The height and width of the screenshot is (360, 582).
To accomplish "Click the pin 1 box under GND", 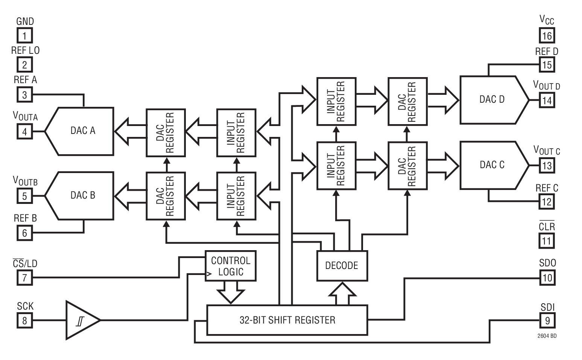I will (25, 36).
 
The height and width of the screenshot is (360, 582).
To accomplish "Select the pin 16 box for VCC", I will (547, 36).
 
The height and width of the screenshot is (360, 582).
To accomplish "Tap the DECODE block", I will (342, 266).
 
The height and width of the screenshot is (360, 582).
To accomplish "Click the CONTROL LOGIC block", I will (230, 266).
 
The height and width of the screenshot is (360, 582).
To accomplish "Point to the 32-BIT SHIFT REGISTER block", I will (287, 320).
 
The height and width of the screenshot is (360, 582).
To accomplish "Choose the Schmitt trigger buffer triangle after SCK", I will (81, 320).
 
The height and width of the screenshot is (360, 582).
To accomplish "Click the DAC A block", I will (83, 131).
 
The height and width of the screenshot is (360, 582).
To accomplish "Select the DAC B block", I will (83, 196).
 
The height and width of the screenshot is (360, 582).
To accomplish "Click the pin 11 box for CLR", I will (547, 241).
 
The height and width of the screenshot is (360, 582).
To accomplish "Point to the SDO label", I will (547, 263).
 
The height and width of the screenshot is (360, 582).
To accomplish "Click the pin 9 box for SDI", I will (547, 321).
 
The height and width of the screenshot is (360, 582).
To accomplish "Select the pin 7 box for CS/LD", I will (25, 278).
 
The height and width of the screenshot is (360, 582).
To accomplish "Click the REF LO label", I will (25, 50).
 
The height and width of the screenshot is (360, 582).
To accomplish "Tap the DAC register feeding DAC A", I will (166, 133).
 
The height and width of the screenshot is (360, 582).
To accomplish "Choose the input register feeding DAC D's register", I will (336, 101).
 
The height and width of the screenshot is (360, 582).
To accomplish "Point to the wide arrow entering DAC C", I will (444, 165).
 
